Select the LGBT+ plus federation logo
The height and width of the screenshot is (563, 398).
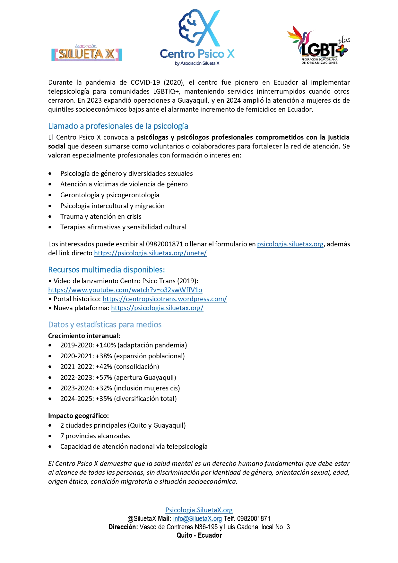(x=318, y=46)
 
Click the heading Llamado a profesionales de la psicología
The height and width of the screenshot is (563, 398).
(x=118, y=126)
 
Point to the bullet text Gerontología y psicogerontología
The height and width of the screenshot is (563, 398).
(x=109, y=195)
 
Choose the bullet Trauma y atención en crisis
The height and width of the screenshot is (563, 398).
(x=101, y=217)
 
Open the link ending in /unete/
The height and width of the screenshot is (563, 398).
(x=150, y=253)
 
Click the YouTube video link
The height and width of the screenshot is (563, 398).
(x=125, y=290)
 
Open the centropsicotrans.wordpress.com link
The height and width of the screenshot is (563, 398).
(x=165, y=299)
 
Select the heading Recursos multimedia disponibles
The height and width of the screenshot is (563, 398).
(x=106, y=270)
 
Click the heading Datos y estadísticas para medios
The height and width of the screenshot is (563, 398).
(x=105, y=325)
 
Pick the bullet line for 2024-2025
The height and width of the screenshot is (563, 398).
(x=118, y=399)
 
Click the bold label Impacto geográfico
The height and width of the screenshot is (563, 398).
(x=78, y=416)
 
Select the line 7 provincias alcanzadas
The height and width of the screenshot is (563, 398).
(x=95, y=436)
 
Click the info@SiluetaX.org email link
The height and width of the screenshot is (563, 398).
(x=197, y=519)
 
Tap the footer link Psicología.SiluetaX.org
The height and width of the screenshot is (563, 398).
(x=199, y=510)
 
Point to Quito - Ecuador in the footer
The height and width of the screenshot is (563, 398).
(x=199, y=535)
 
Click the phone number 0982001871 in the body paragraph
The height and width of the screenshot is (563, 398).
(x=164, y=244)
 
